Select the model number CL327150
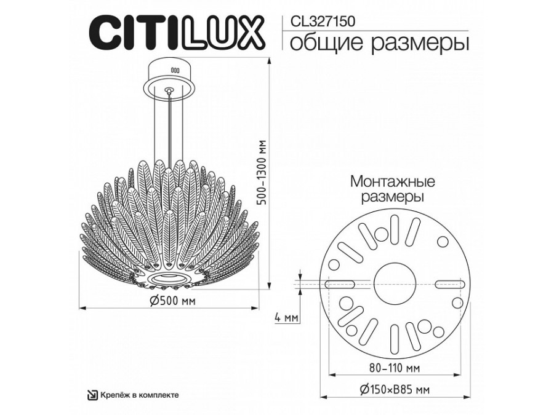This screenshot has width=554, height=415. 318,21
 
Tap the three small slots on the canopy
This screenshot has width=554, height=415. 175,71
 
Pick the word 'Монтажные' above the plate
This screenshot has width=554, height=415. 393,182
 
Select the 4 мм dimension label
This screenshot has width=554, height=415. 286,318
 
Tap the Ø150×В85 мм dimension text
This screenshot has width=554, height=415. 395,389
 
